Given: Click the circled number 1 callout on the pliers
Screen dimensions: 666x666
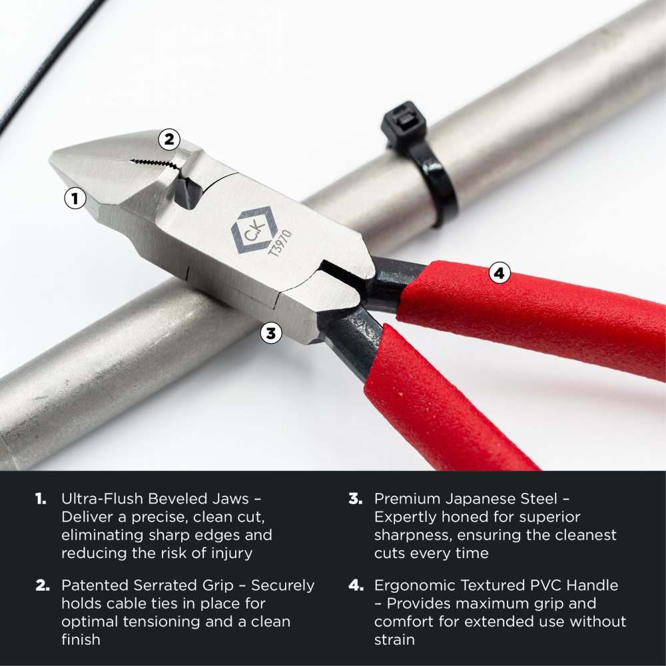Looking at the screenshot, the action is (x=75, y=198).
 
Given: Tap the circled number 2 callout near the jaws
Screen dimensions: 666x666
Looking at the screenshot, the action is (x=169, y=139).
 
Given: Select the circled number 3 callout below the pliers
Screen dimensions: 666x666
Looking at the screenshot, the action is (x=271, y=333).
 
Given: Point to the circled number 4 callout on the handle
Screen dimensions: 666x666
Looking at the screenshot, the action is (x=499, y=272).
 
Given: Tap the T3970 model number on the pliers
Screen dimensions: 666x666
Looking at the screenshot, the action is (x=280, y=243).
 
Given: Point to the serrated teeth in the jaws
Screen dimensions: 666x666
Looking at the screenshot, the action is (x=153, y=163).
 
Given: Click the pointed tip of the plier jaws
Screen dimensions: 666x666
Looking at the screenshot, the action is (x=51, y=157).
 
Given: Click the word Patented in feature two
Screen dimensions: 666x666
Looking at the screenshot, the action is (x=95, y=585).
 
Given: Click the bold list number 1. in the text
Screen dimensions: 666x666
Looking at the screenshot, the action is (x=41, y=499).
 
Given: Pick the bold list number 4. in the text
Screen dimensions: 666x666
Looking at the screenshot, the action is (x=356, y=585).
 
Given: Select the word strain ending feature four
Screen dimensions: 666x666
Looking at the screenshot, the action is (x=394, y=639).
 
